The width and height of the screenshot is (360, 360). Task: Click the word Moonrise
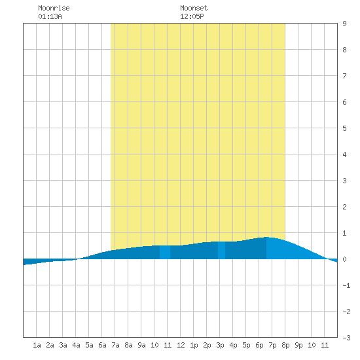click(54, 8)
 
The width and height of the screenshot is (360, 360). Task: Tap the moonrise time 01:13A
click(50, 16)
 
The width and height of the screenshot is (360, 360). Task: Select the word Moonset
click(194, 8)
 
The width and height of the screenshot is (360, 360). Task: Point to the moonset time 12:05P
click(192, 16)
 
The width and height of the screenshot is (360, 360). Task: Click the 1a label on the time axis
click(37, 345)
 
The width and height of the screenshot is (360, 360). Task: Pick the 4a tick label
click(76, 345)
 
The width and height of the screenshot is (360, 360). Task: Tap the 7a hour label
click(115, 345)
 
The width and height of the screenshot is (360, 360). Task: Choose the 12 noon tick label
click(181, 345)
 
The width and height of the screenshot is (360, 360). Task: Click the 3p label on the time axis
click(220, 345)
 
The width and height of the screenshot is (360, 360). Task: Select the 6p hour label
click(259, 345)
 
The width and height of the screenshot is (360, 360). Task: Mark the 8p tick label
click(285, 345)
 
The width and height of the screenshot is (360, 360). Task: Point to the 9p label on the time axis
click(298, 345)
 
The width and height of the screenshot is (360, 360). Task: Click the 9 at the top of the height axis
click(344, 24)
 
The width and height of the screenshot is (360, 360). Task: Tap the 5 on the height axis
click(344, 128)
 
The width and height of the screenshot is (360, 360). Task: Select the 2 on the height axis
click(344, 207)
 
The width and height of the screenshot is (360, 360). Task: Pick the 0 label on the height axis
click(344, 259)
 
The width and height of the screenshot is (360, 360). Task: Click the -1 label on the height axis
click(346, 285)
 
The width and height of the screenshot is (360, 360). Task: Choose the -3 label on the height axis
click(346, 338)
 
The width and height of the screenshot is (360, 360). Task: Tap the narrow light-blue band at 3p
click(221, 250)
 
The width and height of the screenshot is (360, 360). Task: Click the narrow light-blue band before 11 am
click(165, 252)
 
